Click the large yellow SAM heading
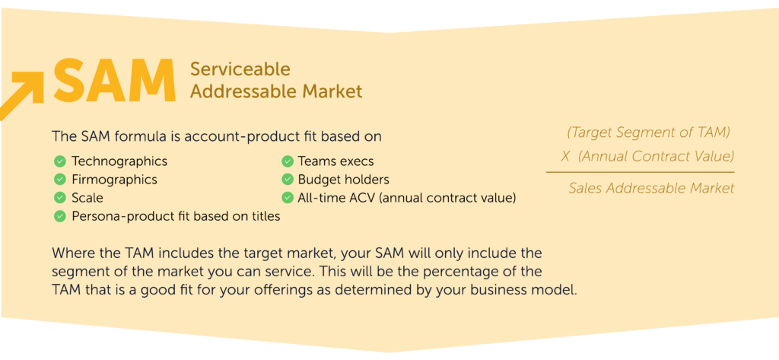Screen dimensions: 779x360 pyautogui.click(x=115, y=81)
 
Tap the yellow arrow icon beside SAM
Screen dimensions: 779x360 pyautogui.click(x=22, y=95)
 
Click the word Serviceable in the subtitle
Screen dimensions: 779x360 pyautogui.click(x=240, y=69)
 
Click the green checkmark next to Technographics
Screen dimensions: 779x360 pyautogui.click(x=59, y=161)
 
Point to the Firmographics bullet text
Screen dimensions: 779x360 pyautogui.click(x=114, y=180)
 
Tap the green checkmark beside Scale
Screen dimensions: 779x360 pyautogui.click(x=59, y=197)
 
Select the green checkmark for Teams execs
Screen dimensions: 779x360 pyautogui.click(x=287, y=161)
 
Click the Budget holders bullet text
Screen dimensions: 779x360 pyautogui.click(x=343, y=180)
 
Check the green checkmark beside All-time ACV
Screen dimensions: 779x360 pyautogui.click(x=287, y=197)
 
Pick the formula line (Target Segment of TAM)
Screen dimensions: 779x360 pyautogui.click(x=648, y=132)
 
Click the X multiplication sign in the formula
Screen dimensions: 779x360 pyautogui.click(x=565, y=156)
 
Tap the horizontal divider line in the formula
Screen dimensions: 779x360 pyautogui.click(x=640, y=172)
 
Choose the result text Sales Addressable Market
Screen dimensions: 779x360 pyautogui.click(x=651, y=188)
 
